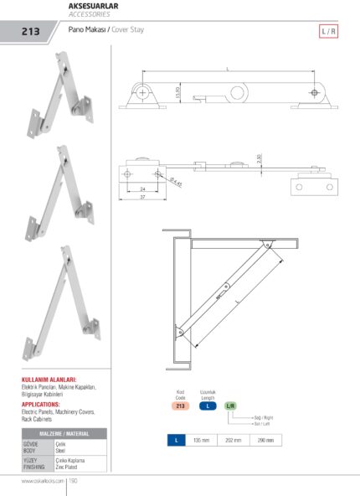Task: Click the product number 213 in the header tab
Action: click(x=32, y=32)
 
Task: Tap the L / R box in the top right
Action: click(x=329, y=32)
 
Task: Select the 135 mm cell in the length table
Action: click(x=201, y=439)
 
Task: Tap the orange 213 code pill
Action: click(x=179, y=406)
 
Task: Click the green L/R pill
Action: click(x=231, y=406)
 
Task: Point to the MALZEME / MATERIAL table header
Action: click(x=64, y=433)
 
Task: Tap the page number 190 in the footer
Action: click(x=74, y=481)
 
